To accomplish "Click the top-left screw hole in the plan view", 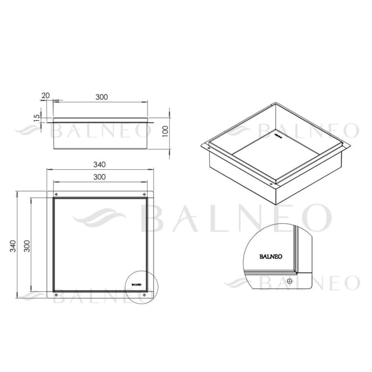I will pos(56,194).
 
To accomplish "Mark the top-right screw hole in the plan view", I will pos(144,194).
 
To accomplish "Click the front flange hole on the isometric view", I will pos(271,185).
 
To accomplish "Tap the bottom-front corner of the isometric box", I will pos(273,203).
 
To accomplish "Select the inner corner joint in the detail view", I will pos(295,270).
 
